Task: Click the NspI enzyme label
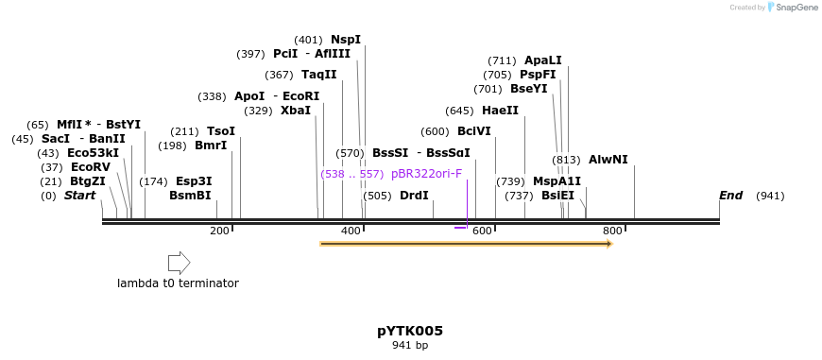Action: pyautogui.click(x=345, y=40)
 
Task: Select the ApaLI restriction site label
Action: pyautogui.click(x=542, y=60)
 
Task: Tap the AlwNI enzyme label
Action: pyautogui.click(x=608, y=160)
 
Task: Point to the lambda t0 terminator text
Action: pyautogui.click(x=178, y=283)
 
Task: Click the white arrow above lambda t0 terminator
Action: pyautogui.click(x=179, y=263)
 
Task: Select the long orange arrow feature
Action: pyautogui.click(x=466, y=244)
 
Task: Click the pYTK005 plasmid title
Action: pyautogui.click(x=410, y=331)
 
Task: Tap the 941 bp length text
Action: pyautogui.click(x=410, y=346)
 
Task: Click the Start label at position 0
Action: pyautogui.click(x=79, y=196)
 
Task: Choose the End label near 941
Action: pyautogui.click(x=730, y=196)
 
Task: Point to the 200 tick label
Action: pyautogui.click(x=219, y=231)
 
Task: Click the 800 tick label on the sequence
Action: pyautogui.click(x=612, y=231)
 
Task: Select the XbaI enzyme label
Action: pyautogui.click(x=295, y=111)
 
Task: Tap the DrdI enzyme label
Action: pyautogui.click(x=414, y=196)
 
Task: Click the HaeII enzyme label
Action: pyautogui.click(x=500, y=111)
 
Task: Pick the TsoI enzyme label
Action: pyautogui.click(x=220, y=131)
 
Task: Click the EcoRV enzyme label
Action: pyautogui.click(x=91, y=167)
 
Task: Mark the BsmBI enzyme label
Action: pyautogui.click(x=190, y=196)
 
